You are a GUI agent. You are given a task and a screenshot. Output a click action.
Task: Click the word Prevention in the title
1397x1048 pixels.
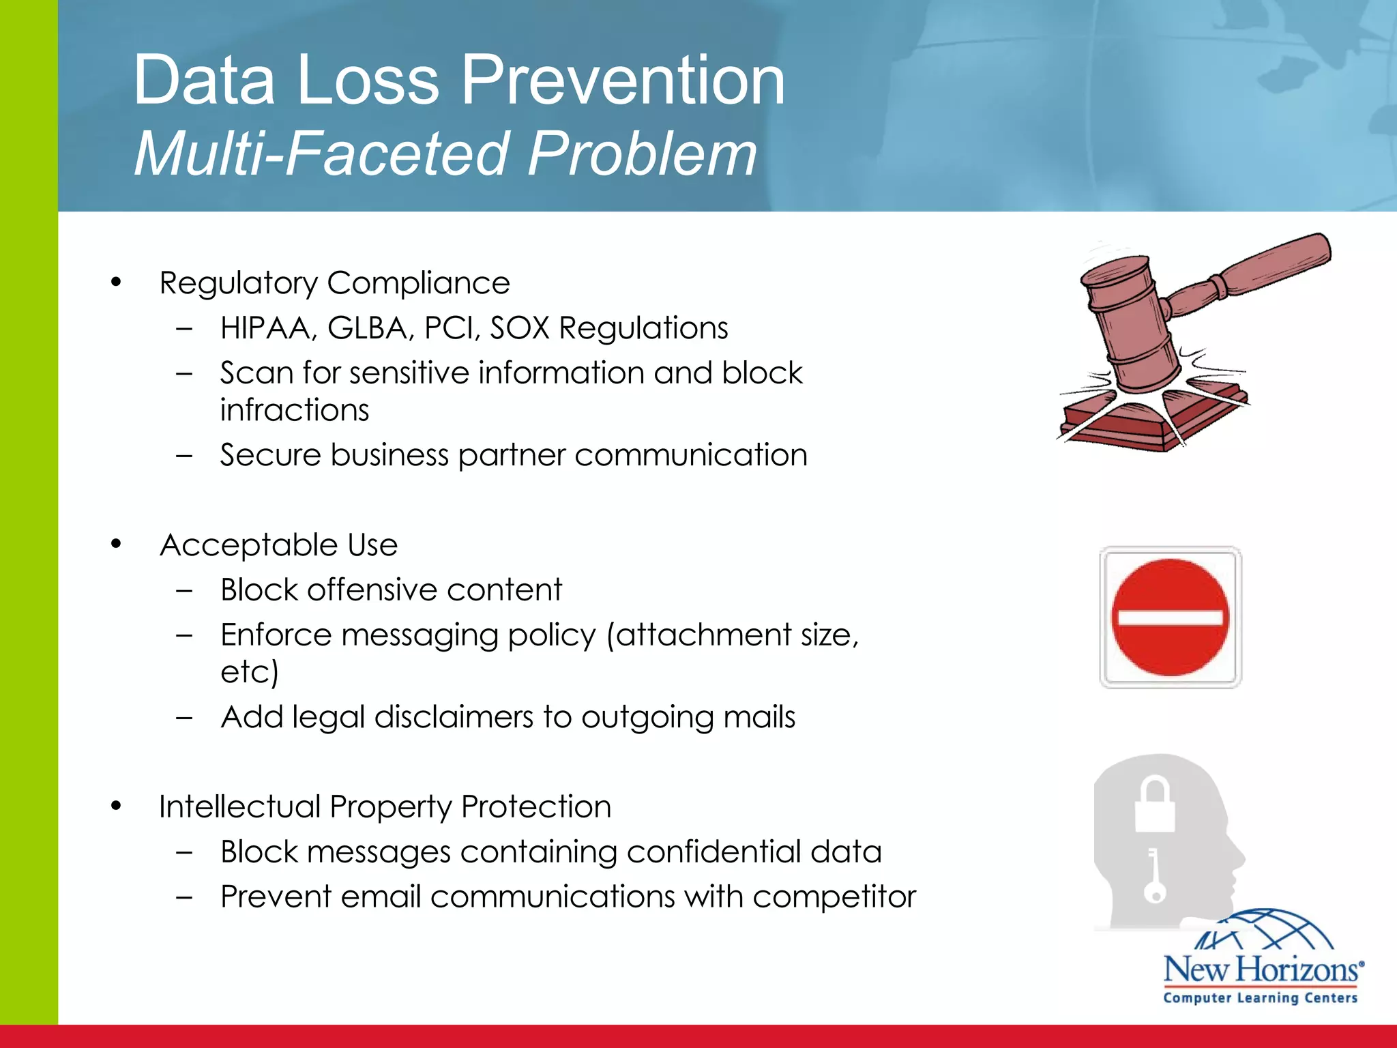[x=623, y=81]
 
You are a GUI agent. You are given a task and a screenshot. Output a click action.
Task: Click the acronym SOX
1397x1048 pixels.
[x=520, y=328]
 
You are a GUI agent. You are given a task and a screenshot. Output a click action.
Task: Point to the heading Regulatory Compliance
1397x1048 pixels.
[x=334, y=283]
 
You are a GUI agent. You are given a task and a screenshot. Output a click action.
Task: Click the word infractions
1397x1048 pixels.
[x=294, y=410]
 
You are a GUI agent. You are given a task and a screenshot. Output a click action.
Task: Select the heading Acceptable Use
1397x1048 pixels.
[x=278, y=545]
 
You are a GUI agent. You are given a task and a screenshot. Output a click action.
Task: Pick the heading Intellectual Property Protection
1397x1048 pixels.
[x=385, y=807]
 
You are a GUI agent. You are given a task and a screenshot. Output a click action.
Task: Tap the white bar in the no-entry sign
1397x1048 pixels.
[x=1170, y=618]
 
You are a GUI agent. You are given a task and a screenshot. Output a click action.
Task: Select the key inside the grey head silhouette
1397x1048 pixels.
[x=1153, y=877]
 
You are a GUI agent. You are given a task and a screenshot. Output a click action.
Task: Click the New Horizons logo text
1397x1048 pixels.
[x=1262, y=970]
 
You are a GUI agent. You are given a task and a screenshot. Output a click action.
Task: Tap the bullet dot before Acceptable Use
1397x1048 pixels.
[x=116, y=544]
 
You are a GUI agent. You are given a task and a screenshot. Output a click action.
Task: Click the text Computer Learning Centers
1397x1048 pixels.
[x=1260, y=998]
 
